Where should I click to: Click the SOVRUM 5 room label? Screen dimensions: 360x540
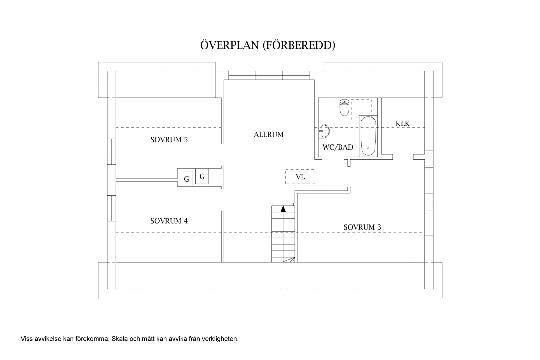tap(169, 140)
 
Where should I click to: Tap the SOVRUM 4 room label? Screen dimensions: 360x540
tap(169, 221)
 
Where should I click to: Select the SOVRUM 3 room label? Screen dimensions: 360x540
tap(362, 227)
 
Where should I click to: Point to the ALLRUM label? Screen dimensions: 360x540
tap(268, 135)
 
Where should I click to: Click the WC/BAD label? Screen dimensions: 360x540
tap(338, 147)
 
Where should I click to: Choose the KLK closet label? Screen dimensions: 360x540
tap(403, 123)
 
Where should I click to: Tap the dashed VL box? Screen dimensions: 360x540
tap(300, 177)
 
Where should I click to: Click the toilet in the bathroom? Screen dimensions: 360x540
tap(344, 108)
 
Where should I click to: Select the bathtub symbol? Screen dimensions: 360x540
tap(368, 136)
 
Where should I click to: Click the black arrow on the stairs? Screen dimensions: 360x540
tap(283, 209)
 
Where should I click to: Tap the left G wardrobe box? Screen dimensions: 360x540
tap(187, 179)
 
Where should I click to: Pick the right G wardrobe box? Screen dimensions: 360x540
tap(202, 177)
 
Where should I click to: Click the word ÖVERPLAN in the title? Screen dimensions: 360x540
tap(229, 45)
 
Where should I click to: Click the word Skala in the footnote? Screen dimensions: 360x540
tap(119, 339)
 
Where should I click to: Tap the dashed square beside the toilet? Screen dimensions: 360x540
tap(361, 110)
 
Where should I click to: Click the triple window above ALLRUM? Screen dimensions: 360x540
tap(269, 75)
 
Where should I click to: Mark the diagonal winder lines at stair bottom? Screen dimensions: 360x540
tap(289, 260)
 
